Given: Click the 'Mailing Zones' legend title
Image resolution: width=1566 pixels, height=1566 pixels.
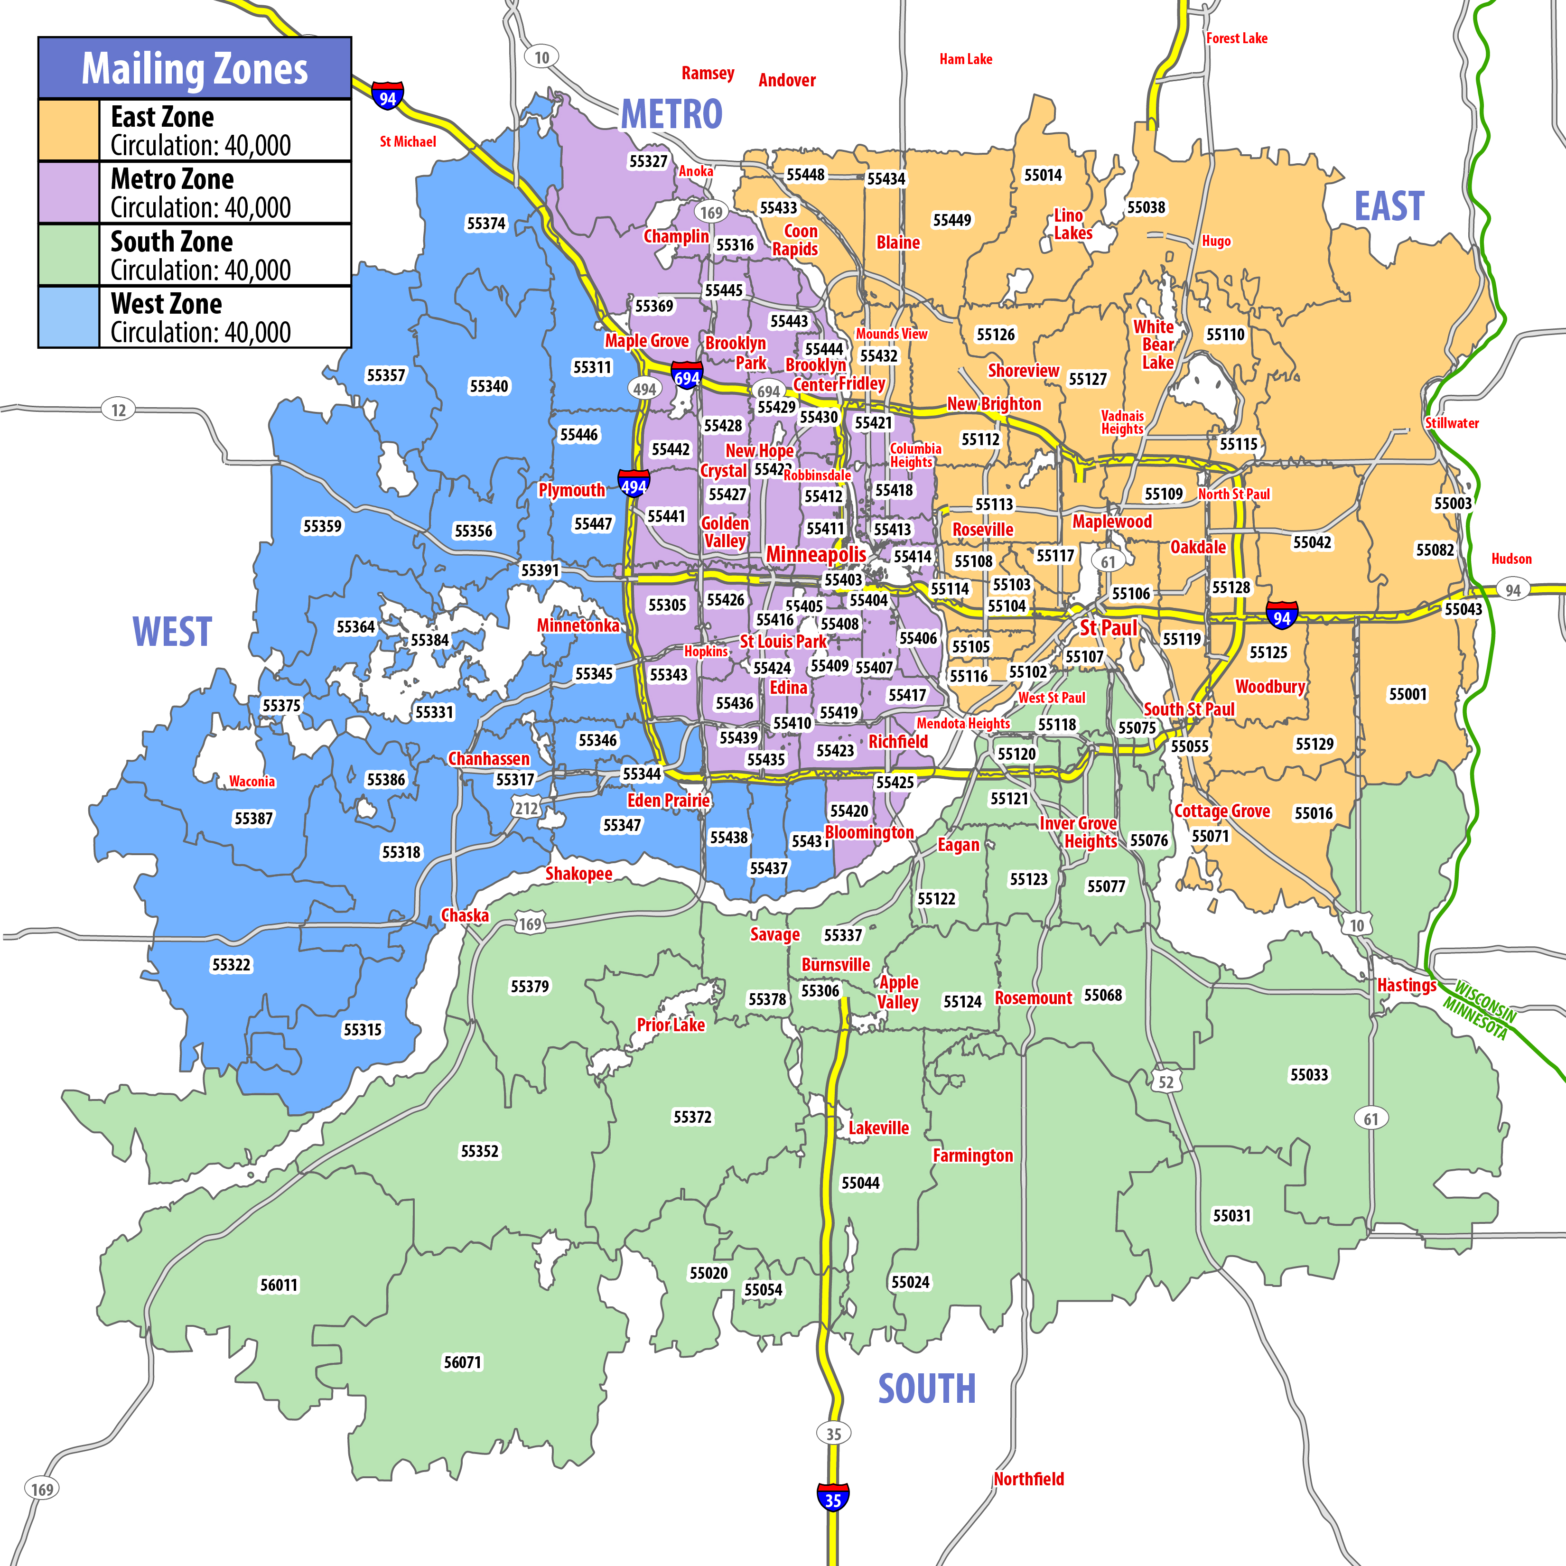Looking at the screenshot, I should tap(195, 69).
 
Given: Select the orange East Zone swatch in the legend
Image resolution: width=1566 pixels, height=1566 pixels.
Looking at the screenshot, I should tap(69, 130).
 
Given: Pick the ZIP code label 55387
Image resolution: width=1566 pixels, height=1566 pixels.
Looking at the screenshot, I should tap(254, 819).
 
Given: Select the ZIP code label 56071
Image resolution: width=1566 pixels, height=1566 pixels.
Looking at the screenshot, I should tap(462, 1362).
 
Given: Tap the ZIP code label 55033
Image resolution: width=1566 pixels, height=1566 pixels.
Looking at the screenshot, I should tap(1309, 1075).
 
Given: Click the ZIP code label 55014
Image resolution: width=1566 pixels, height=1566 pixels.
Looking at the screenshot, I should tap(1043, 175).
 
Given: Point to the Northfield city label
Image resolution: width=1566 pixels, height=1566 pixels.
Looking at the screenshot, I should tap(1029, 1479).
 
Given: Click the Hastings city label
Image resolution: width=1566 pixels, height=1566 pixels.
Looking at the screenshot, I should tap(1407, 986).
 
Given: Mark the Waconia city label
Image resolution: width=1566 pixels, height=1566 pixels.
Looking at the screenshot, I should tap(252, 782).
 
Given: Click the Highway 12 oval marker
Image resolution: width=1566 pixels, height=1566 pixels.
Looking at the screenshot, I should tap(118, 410).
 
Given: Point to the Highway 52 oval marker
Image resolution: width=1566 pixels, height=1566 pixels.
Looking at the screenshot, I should tap(1165, 1082).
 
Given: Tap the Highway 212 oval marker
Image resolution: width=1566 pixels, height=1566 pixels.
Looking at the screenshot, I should tap(526, 808).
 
